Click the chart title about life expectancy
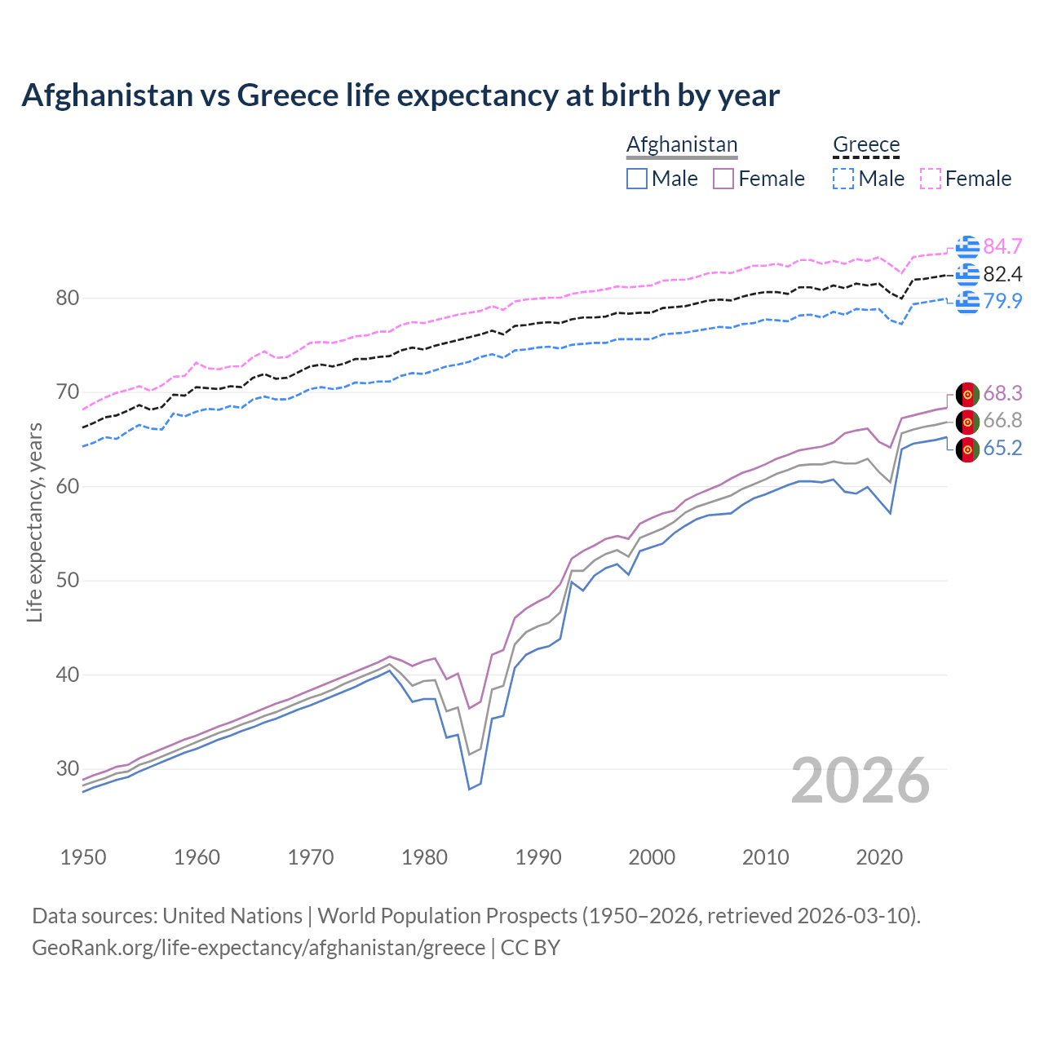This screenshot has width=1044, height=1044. point(400,95)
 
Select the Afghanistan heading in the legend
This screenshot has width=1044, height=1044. point(682,144)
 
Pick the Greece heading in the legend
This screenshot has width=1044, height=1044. point(865,144)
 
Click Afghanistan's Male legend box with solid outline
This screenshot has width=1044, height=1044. point(637,179)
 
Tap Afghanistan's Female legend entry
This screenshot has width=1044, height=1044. point(759,179)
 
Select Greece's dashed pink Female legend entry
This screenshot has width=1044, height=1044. point(966,179)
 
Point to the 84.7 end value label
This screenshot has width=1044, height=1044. point(1002,246)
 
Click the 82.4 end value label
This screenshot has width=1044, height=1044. point(1002,274)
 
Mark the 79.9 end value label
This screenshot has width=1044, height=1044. point(1002,301)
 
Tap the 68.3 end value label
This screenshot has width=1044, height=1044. point(1002,393)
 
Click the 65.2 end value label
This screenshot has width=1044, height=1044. point(1002,448)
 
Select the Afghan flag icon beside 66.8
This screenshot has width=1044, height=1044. point(967,422)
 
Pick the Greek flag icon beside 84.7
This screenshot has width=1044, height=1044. point(967,246)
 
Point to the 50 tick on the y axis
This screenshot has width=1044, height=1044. point(68,581)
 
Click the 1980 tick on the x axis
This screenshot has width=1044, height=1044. point(424,857)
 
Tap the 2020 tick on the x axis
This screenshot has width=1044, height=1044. point(879,857)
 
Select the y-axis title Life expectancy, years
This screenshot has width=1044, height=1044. point(34,522)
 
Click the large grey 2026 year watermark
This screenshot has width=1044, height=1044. point(860,781)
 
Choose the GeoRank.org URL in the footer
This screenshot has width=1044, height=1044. point(259,948)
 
